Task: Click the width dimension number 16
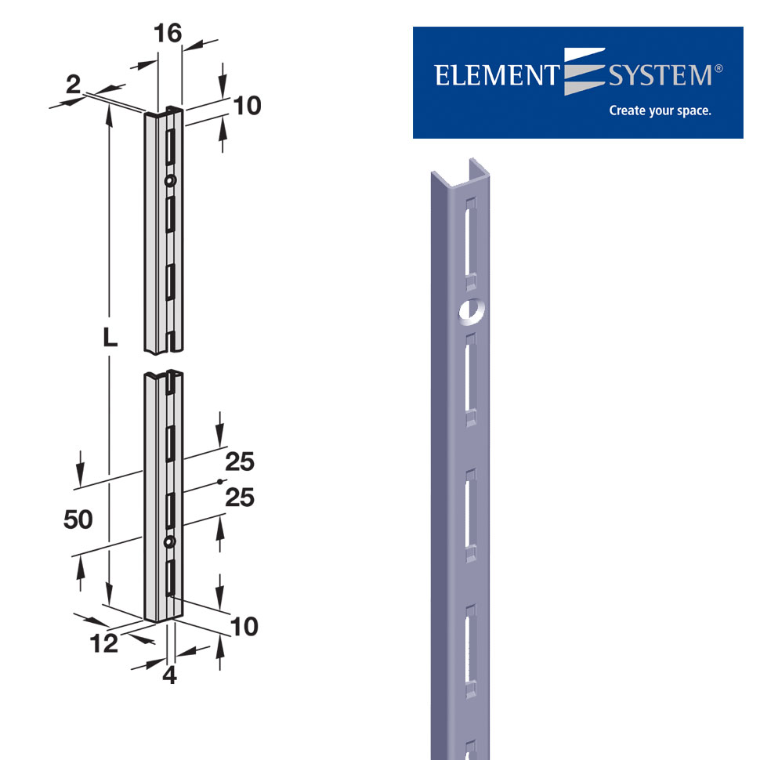(168, 33)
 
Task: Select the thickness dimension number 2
(73, 85)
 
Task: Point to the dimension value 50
(78, 519)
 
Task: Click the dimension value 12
(103, 643)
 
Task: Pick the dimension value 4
(169, 675)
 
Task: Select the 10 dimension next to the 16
(247, 106)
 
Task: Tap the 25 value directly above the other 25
(240, 462)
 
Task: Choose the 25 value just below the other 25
(240, 497)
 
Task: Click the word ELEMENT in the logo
(494, 75)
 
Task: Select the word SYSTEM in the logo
(659, 75)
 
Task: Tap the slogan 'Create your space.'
(660, 110)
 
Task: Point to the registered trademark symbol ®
(718, 69)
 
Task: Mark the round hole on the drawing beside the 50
(169, 542)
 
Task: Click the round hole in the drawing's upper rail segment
(170, 180)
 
